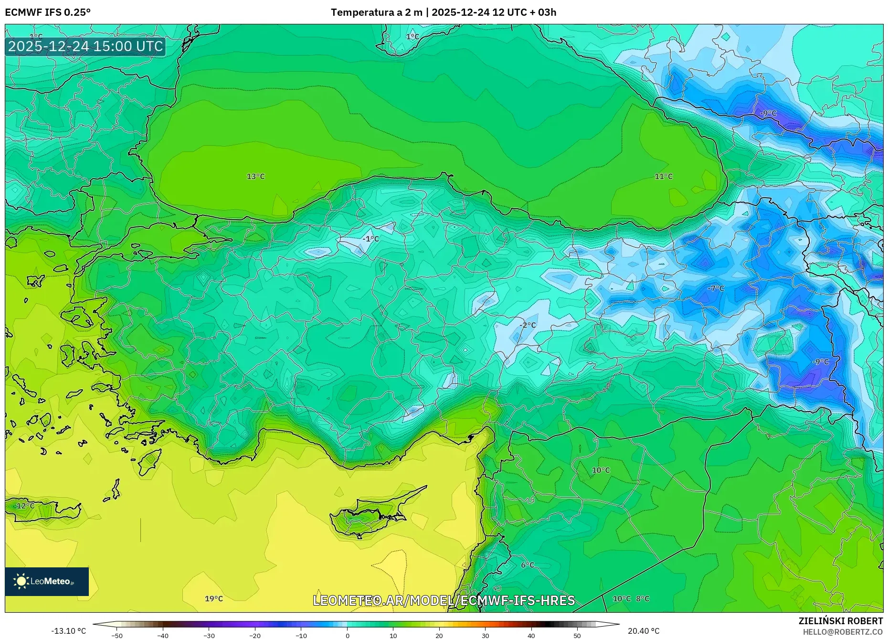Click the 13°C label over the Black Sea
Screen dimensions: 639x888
pos(255,176)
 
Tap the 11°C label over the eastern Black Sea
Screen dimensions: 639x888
pos(663,176)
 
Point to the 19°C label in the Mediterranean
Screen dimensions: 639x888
pos(213,598)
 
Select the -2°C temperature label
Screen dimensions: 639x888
pos(528,325)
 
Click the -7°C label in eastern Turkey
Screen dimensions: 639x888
pos(716,288)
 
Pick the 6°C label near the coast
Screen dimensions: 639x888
pos(527,565)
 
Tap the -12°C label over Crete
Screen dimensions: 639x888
pos(24,506)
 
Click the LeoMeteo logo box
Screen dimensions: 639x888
pos(47,581)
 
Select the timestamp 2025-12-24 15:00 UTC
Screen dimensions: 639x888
pos(85,46)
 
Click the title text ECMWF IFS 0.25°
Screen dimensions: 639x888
pos(48,12)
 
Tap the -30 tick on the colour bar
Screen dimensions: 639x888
pos(209,635)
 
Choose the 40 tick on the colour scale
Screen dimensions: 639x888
pos(531,635)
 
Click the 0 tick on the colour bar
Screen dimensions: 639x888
pos(347,635)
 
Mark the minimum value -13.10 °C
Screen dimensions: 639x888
pos(68,631)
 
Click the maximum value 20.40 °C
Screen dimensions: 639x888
pos(643,631)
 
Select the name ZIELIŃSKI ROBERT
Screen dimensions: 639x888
pos(840,621)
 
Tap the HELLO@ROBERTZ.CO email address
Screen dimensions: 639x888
pos(842,632)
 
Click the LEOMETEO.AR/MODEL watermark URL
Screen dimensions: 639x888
pos(444,600)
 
